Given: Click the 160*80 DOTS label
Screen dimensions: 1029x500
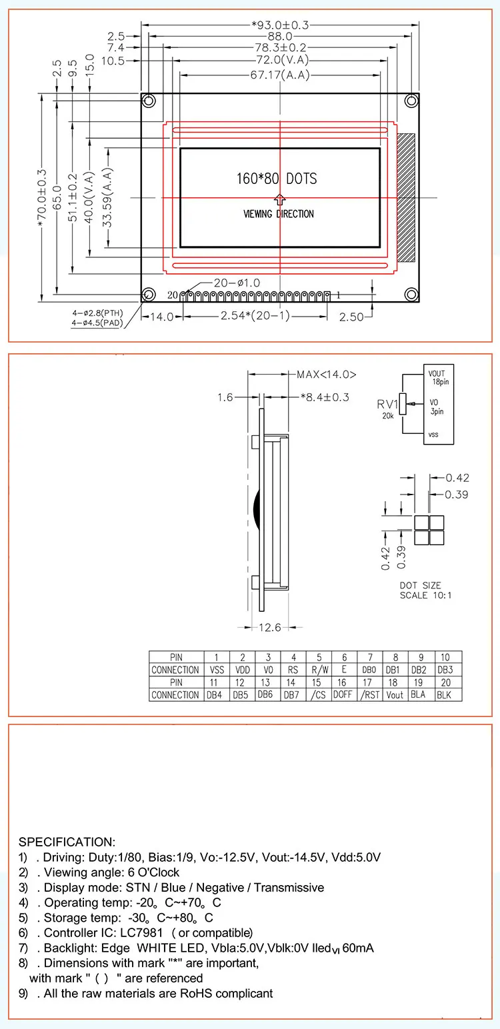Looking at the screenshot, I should pyautogui.click(x=276, y=179).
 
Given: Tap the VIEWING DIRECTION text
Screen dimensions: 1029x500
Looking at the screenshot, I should pyautogui.click(x=278, y=214).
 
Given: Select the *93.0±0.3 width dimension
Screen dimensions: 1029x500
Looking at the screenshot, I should pyautogui.click(x=280, y=25).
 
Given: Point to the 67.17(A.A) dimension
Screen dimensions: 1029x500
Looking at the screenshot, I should pyautogui.click(x=280, y=75).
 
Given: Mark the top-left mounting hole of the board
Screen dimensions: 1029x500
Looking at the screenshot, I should pyautogui.click(x=149, y=101).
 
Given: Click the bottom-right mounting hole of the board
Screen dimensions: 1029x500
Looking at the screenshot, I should pyautogui.click(x=412, y=295).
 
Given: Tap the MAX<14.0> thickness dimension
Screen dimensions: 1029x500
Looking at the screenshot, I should pyautogui.click(x=327, y=375).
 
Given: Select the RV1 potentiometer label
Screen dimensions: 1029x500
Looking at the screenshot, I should pyautogui.click(x=388, y=404).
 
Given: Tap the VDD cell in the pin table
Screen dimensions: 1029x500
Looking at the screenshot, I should pyautogui.click(x=243, y=670).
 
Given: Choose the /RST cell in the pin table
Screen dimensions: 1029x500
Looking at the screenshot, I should pyautogui.click(x=369, y=694).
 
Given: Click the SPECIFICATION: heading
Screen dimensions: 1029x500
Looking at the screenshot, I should pyautogui.click(x=67, y=842).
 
